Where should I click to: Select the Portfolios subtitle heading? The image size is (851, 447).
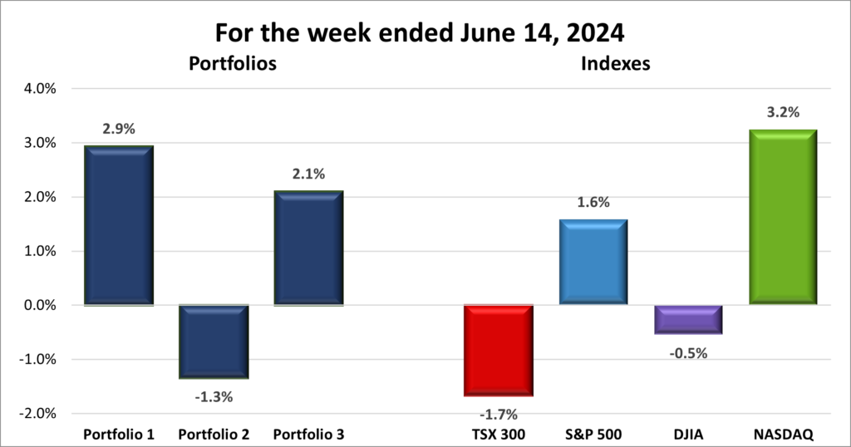[232, 63]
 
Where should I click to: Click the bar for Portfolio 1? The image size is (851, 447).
[119, 225]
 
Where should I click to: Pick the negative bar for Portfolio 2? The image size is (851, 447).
[214, 341]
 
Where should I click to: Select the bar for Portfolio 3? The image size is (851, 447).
[308, 248]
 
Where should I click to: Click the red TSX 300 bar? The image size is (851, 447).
[499, 350]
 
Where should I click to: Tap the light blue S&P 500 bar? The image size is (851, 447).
[593, 262]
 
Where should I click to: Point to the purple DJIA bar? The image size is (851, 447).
[687, 319]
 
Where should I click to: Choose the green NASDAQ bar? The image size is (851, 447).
[783, 217]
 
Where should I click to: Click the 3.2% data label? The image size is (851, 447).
[782, 112]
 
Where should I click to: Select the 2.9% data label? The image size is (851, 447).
[119, 129]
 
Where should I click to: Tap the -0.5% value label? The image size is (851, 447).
[689, 353]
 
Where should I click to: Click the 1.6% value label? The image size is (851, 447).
[593, 202]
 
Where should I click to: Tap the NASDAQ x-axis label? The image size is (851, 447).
[783, 435]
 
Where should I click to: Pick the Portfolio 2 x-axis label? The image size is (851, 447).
[214, 435]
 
